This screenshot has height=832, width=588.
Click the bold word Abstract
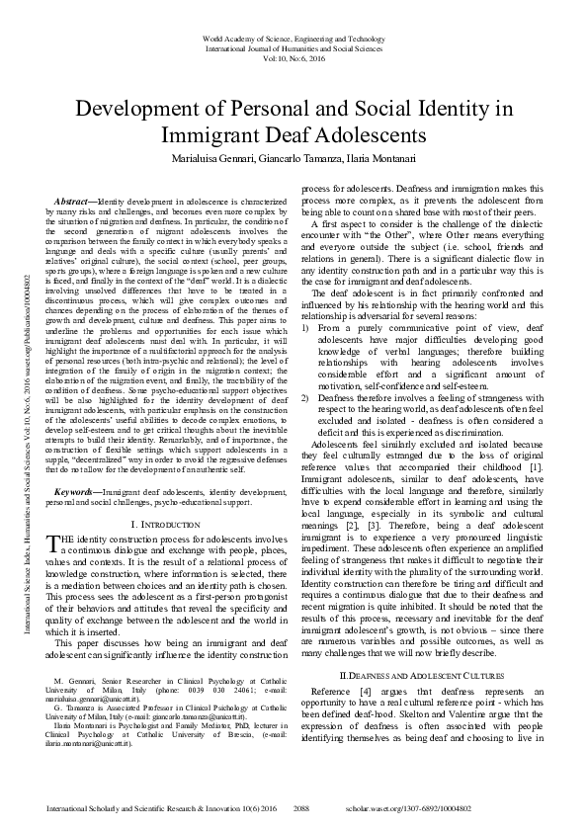pos(71,201)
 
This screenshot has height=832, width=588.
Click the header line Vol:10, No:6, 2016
pos(294,58)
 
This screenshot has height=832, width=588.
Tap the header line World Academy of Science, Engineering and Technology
pos(294,38)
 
